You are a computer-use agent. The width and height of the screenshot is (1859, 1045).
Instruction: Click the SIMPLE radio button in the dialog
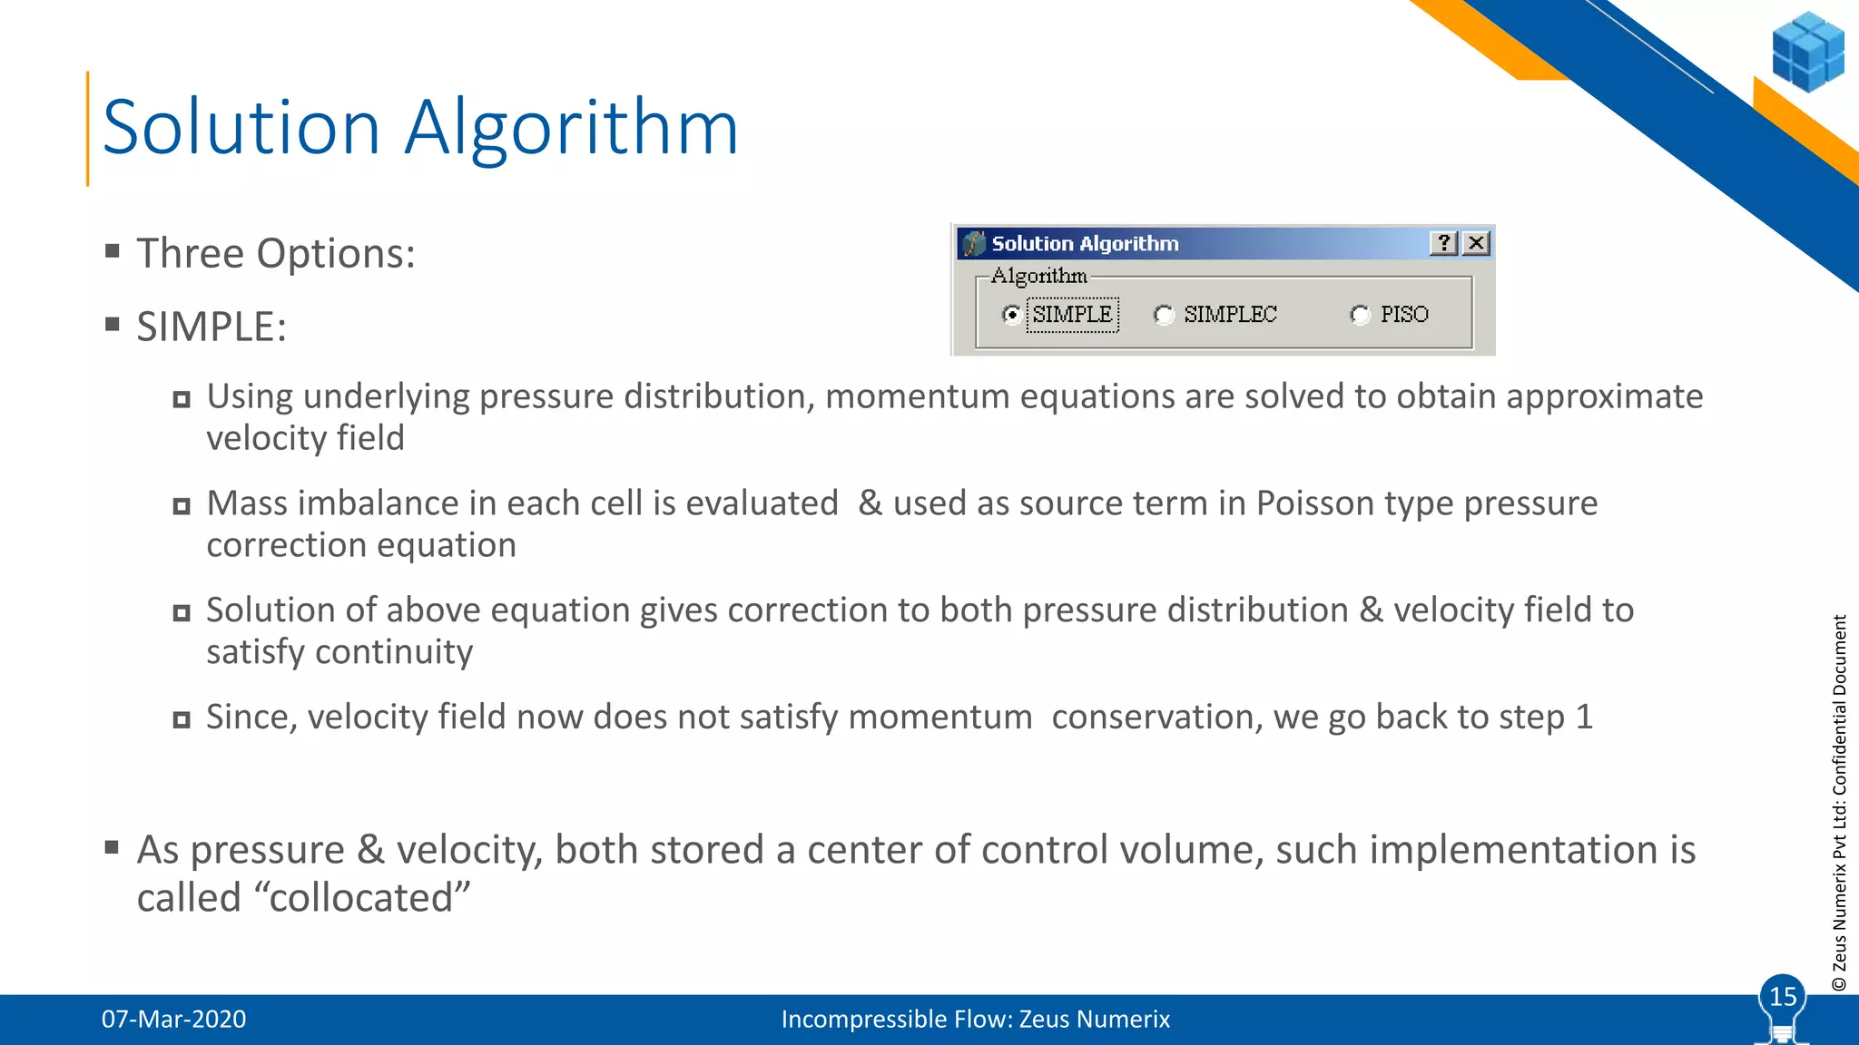[x=1011, y=315]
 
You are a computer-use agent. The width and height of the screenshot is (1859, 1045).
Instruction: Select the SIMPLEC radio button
[x=1164, y=315]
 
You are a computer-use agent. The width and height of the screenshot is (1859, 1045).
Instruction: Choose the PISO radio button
[x=1360, y=315]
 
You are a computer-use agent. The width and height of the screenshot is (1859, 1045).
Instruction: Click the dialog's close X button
[x=1477, y=243]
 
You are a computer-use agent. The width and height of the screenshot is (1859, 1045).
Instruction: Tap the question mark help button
[x=1443, y=243]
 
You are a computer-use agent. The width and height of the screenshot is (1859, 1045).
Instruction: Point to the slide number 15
[x=1783, y=997]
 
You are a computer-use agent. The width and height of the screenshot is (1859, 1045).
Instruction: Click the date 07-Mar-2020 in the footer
[x=173, y=1019]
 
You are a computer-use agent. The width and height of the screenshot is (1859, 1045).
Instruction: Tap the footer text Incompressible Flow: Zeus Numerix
[x=975, y=1019]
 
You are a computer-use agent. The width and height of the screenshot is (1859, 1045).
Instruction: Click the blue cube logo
[x=1807, y=52]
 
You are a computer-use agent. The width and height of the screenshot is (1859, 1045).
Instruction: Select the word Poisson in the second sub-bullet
[x=1311, y=503]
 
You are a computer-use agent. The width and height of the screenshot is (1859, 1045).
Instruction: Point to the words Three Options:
[x=276, y=253]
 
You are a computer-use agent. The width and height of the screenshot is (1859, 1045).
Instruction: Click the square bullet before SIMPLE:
[x=113, y=325]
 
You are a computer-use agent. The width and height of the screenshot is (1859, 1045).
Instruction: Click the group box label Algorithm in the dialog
[x=1038, y=276]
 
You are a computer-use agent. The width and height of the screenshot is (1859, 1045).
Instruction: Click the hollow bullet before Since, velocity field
[x=182, y=720]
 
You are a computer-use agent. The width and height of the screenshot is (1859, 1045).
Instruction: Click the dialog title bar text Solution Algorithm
[x=1085, y=243]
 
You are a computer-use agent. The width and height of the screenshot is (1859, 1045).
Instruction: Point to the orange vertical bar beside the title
[x=88, y=129]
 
